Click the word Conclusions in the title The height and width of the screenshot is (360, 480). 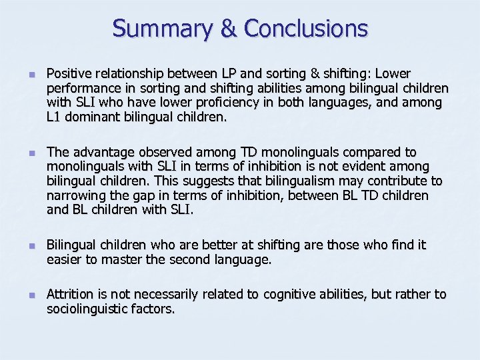[306, 29]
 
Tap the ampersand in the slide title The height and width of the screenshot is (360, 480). [227, 29]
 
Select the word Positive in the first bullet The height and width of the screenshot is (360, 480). [68, 73]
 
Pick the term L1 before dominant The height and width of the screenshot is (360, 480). [54, 117]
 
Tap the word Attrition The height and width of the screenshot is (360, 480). [71, 295]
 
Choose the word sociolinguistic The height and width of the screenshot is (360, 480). [88, 309]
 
